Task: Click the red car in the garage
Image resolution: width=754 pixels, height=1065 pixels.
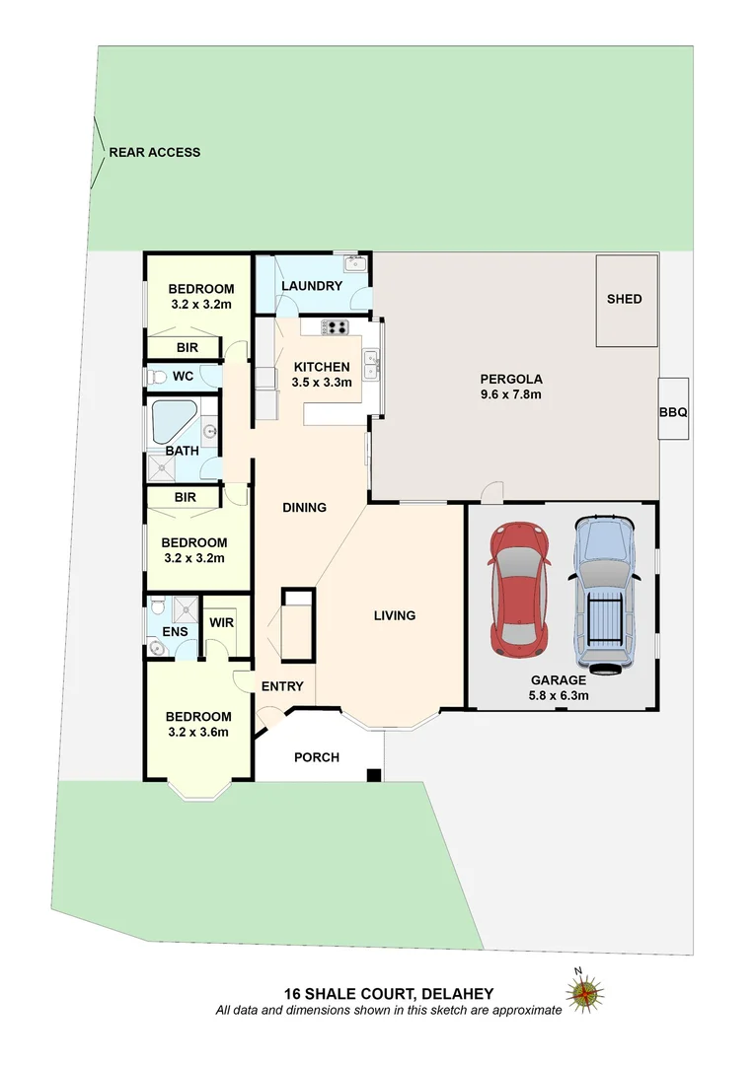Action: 519,590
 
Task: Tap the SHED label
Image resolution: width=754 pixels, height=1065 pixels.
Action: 625,299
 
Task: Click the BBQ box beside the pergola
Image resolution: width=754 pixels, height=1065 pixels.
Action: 673,408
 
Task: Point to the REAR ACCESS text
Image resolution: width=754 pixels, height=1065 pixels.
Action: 154,152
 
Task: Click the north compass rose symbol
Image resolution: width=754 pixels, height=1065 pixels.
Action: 585,992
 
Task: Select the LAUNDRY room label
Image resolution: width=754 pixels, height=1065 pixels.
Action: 311,286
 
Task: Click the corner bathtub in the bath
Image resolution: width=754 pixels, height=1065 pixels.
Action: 173,422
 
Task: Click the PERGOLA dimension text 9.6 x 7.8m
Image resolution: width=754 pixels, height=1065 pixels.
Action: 511,394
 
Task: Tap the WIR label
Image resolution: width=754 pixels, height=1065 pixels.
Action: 221,621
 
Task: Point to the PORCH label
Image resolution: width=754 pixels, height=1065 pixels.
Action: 317,757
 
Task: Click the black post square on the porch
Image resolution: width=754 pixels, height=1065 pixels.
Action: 373,775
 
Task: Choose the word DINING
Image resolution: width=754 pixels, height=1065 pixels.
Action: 304,508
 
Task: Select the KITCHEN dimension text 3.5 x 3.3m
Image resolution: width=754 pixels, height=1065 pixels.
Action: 322,383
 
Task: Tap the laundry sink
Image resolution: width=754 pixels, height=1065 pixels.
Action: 354,264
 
